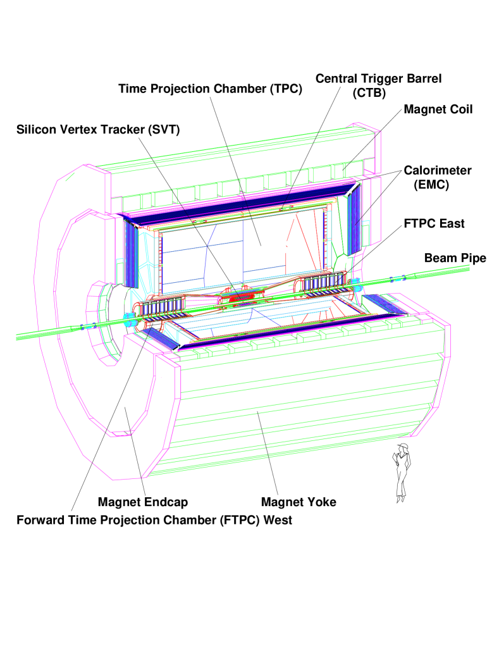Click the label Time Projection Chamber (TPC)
pyautogui.click(x=211, y=89)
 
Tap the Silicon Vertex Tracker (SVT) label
pyautogui.click(x=98, y=130)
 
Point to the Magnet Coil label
pyautogui.click(x=438, y=109)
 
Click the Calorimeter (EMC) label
pyautogui.click(x=437, y=177)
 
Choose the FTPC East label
pyautogui.click(x=434, y=223)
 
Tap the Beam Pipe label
pyautogui.click(x=455, y=258)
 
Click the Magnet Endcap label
pyautogui.click(x=143, y=502)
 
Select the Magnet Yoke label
pyautogui.click(x=299, y=502)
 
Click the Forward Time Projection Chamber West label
pyautogui.click(x=154, y=520)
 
